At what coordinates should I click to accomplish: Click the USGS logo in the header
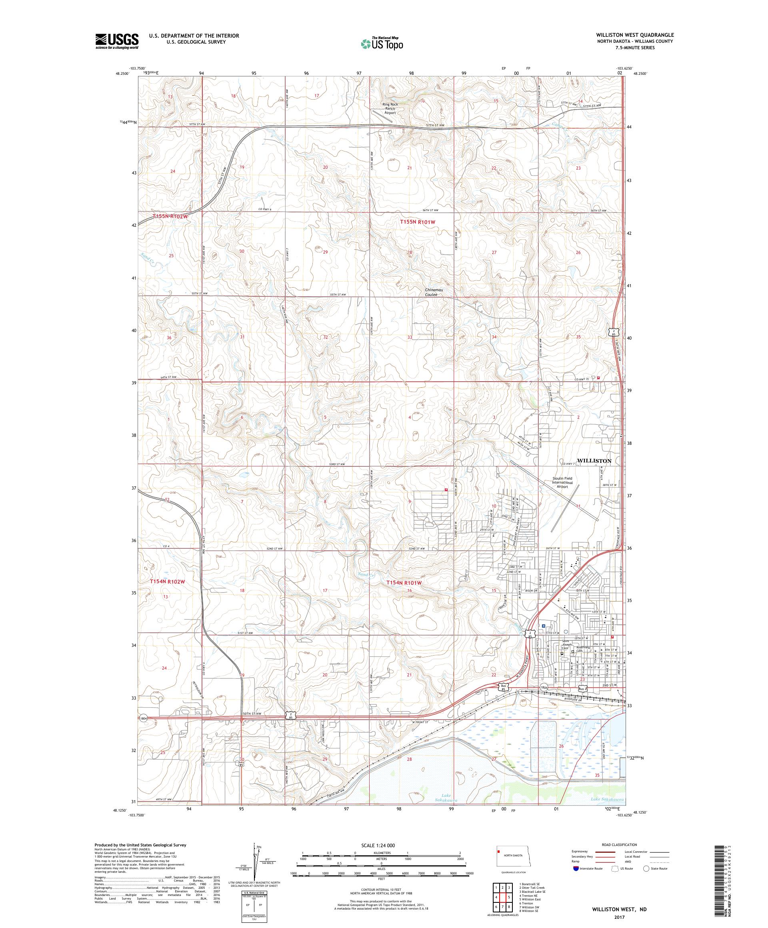pyautogui.click(x=117, y=42)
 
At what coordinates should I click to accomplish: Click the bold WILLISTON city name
pyautogui.click(x=594, y=460)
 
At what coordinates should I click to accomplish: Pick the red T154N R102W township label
pyautogui.click(x=167, y=582)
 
